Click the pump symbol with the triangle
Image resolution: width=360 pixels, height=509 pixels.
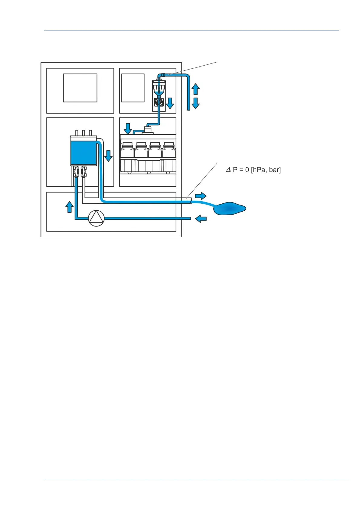tap(96, 218)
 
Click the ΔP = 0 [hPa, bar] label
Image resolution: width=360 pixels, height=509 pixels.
tap(253, 170)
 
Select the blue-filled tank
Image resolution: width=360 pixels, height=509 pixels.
tap(83, 152)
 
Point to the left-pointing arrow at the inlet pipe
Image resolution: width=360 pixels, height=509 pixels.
tap(201, 219)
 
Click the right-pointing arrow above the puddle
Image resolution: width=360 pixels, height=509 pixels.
tap(200, 196)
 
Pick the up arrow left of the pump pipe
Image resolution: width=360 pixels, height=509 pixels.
tap(70, 207)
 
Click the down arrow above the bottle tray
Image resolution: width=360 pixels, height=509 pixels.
tap(128, 128)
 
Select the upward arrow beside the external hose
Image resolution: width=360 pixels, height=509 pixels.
tap(196, 89)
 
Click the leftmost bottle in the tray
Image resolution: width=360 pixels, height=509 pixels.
tap(127, 150)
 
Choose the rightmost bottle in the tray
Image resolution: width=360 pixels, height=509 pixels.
tap(169, 150)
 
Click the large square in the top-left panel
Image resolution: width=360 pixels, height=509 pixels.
tap(80, 88)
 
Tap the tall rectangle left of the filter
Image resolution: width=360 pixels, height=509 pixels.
tap(133, 88)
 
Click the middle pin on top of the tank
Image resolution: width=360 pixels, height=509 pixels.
tap(83, 133)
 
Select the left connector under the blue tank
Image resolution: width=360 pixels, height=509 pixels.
tap(76, 171)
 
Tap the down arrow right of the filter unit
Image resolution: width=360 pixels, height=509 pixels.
tap(170, 103)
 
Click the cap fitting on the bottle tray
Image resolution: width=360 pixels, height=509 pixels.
tap(148, 130)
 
